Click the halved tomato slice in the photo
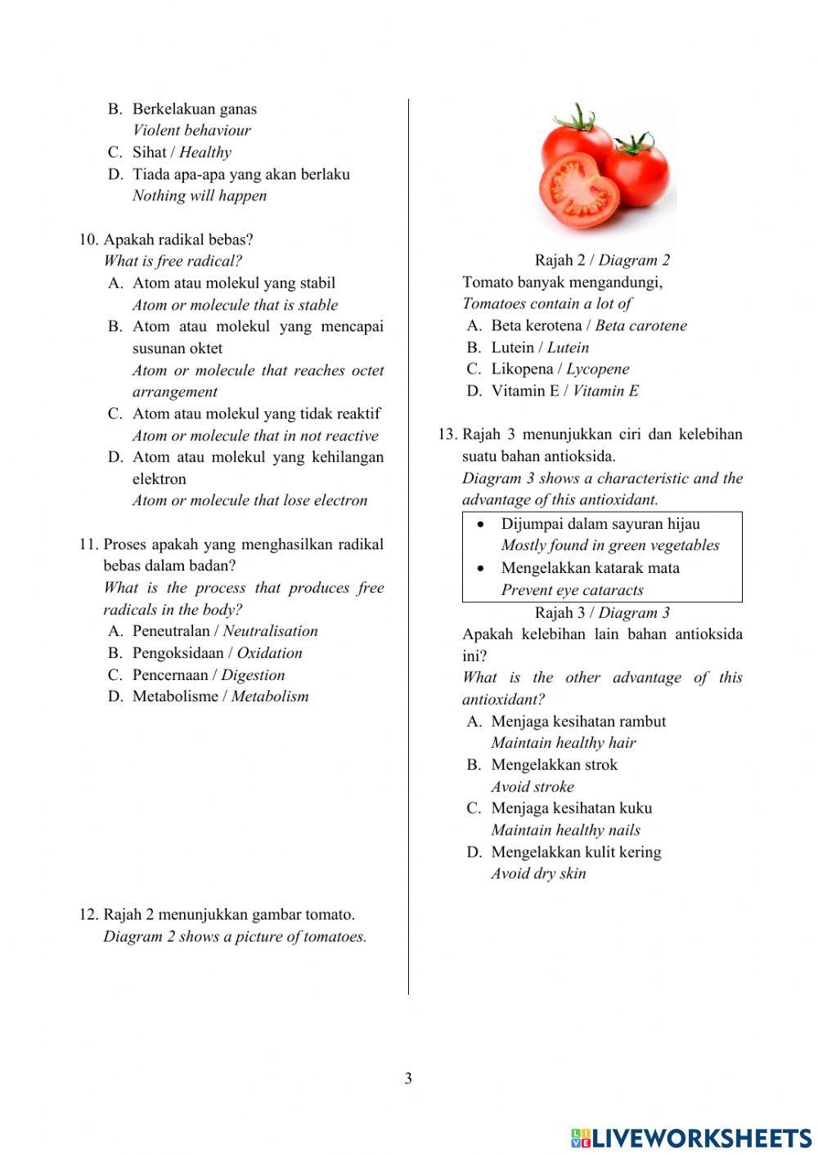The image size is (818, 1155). coord(579,190)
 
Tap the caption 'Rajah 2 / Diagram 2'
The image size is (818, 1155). coord(602,260)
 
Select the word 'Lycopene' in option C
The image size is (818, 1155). coord(598,369)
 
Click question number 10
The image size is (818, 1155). coord(88,240)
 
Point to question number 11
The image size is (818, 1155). coord(88,544)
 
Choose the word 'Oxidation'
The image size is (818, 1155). coord(269,653)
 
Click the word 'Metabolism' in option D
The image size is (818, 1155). coord(270,696)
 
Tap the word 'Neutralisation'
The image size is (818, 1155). coord(270,631)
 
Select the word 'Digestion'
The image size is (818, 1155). coord(253,675)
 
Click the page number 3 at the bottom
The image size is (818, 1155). coord(408,1078)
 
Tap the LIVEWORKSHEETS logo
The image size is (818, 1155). coord(691,1138)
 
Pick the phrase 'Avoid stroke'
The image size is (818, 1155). coord(533,787)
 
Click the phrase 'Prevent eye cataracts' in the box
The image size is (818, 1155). coord(572,590)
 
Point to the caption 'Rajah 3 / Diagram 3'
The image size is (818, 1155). coord(602,612)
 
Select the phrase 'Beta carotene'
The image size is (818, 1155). coord(640,325)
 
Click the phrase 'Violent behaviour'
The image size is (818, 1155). coord(191,130)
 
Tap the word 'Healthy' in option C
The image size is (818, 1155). coord(205,152)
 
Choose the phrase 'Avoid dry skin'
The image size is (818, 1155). coord(538,874)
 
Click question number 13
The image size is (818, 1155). coord(447,434)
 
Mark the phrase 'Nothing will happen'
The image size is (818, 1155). coord(200,195)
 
